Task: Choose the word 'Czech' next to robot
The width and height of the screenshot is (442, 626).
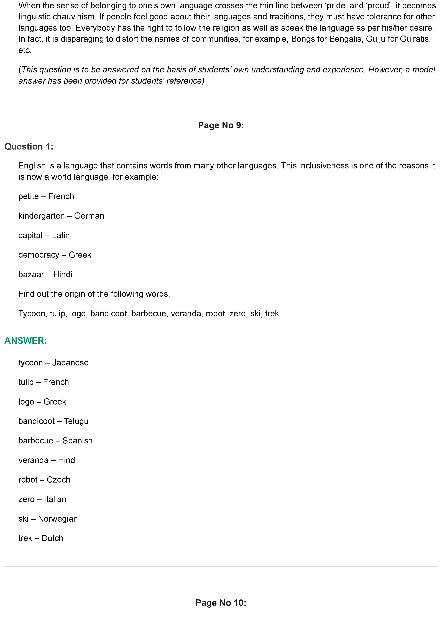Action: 58,480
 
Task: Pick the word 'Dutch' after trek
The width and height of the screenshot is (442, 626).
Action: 53,538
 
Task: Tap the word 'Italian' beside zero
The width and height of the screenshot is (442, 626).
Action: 55,499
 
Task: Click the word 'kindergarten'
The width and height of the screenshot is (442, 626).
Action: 41,216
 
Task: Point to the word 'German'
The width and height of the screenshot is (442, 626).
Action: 89,216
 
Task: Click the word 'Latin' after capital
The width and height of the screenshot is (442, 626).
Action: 61,235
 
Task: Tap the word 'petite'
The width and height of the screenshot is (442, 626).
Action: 29,196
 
